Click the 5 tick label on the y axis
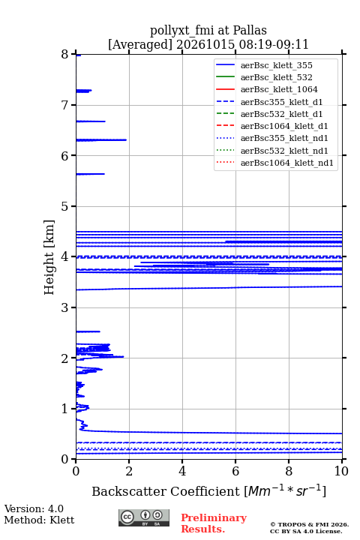click(x=64, y=206)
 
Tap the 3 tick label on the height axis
click(x=64, y=307)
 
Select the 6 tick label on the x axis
click(x=235, y=471)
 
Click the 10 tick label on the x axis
click(x=341, y=471)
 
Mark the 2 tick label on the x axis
click(x=129, y=471)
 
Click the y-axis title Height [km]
click(x=49, y=257)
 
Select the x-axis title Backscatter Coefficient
click(x=166, y=491)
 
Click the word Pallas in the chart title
click(x=250, y=31)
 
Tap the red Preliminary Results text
click(x=214, y=523)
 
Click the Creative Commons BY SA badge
click(x=144, y=518)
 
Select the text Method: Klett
click(x=39, y=520)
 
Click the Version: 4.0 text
click(x=34, y=509)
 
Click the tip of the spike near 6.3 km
click(x=126, y=139)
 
